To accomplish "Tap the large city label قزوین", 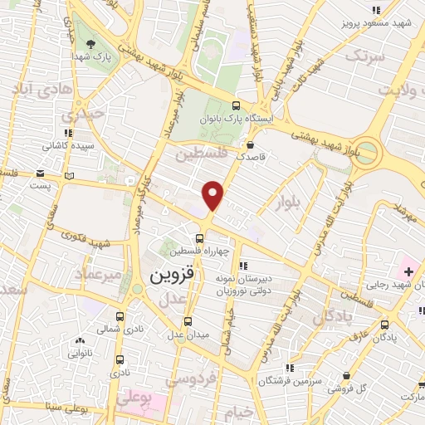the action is [176, 277].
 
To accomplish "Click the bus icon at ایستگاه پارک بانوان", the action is [236, 105].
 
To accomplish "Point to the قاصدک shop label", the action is [250, 155].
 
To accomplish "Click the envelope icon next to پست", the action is [40, 173].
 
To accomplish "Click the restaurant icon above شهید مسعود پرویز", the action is [376, 10].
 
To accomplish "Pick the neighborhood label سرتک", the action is [367, 56].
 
